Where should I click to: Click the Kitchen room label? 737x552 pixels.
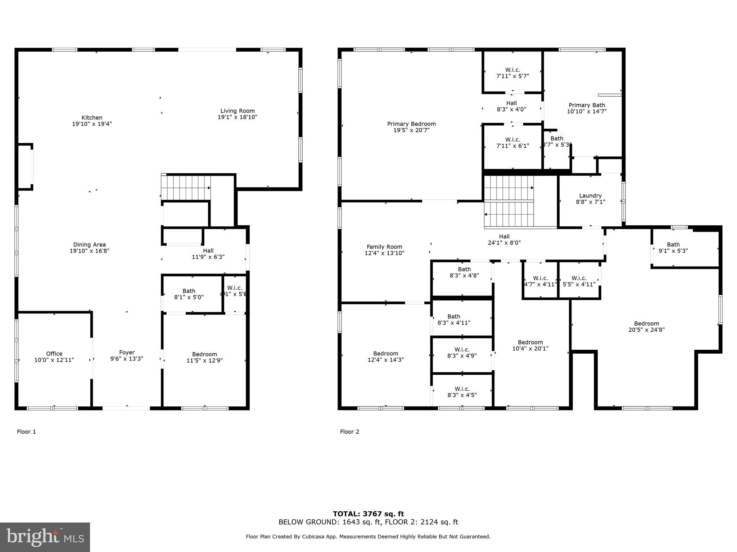pos(92,118)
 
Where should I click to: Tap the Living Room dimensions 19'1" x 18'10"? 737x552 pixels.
pos(238,117)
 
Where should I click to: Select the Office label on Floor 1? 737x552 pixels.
pos(54,354)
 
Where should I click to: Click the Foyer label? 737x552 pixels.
pos(127,353)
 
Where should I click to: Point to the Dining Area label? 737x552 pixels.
pos(89,245)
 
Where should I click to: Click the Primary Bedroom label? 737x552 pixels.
pos(411,124)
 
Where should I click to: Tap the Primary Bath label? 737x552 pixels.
pos(587,105)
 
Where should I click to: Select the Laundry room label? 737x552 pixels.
pos(590,196)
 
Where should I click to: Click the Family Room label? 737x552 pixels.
pos(384,247)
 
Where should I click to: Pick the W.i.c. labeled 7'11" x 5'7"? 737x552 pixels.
pos(512,73)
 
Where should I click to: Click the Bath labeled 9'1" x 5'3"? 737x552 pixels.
pos(673,248)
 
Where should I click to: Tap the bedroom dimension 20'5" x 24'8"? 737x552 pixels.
pos(646,330)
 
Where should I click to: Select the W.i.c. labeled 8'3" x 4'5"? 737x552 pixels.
pos(462,392)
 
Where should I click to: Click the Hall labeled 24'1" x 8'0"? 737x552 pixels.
pos(504,239)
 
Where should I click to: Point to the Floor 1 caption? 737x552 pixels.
pos(26,432)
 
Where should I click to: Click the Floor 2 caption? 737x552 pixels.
pos(349,432)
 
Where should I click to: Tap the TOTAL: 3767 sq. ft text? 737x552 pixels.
pos(368,514)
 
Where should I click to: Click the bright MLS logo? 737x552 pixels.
pos(45,537)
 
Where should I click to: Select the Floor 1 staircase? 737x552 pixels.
pos(186,187)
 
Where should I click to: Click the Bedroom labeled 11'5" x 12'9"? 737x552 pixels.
pos(204,357)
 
